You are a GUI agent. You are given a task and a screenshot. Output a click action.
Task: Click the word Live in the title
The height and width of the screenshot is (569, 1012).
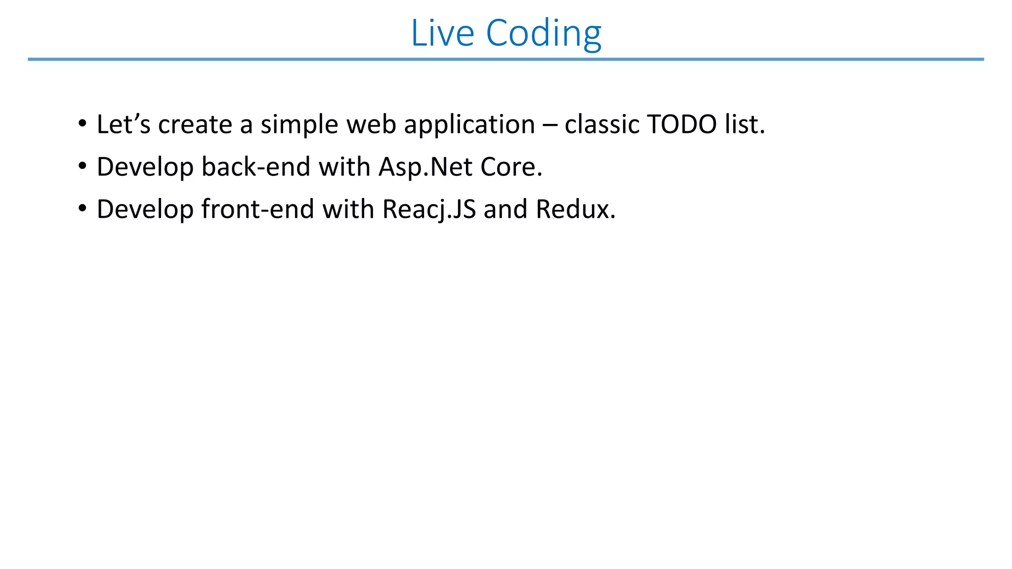pos(442,33)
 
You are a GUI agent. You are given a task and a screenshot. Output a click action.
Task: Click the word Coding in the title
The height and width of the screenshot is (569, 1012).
pos(544,33)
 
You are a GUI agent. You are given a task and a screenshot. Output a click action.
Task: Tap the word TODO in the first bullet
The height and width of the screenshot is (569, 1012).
pos(682,124)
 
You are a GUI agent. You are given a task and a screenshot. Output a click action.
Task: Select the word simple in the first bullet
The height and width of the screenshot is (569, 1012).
pos(299,124)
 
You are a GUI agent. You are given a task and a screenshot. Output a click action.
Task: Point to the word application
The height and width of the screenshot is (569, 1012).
pos(469,124)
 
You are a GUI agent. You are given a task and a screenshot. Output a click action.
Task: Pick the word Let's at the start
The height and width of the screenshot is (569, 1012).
pos(123,124)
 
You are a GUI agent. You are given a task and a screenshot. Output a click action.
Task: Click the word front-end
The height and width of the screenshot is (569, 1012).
pos(257,209)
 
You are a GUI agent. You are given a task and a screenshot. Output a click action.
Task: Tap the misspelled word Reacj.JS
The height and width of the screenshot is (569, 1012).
pos(429,209)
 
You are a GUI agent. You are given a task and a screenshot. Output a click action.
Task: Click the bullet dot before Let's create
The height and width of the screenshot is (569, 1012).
pos(82,123)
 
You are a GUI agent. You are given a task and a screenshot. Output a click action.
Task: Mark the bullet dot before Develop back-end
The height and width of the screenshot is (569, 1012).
pos(82,165)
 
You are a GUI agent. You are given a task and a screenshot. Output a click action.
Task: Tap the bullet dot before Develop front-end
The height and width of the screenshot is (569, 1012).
pos(82,208)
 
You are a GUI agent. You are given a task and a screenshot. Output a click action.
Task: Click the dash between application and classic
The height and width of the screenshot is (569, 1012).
pos(549,125)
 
